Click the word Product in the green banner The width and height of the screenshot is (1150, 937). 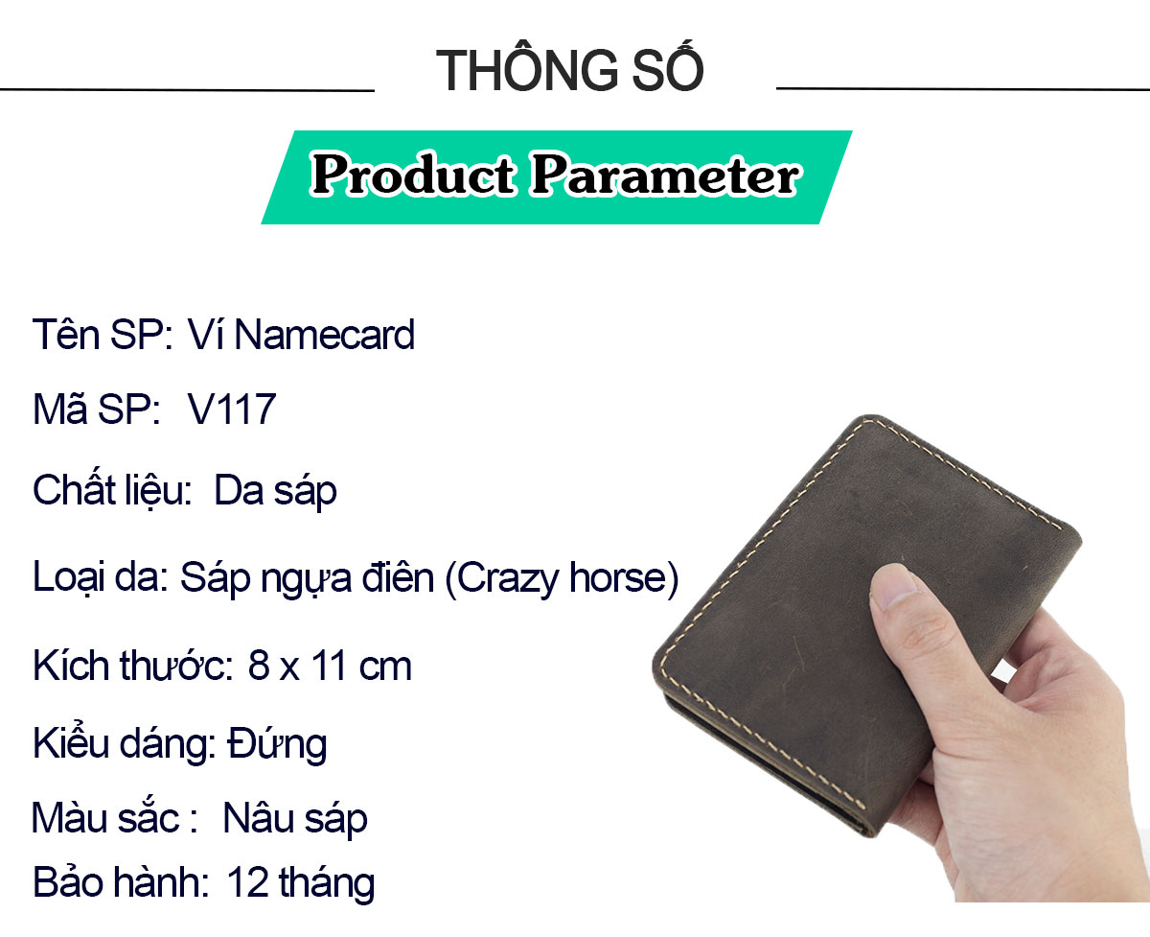click(412, 174)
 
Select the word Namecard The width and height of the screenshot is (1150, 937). click(325, 335)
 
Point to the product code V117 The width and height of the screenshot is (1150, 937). click(232, 410)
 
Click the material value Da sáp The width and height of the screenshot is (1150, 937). click(275, 492)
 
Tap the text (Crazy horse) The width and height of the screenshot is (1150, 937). click(562, 578)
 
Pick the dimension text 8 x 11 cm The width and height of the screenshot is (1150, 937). click(330, 666)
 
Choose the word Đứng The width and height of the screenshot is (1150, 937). click(278, 744)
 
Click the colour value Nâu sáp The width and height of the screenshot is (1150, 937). click(295, 819)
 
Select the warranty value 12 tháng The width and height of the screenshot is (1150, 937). click(300, 883)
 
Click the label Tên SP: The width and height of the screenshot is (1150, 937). click(103, 335)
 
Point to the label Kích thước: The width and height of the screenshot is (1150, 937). click(133, 666)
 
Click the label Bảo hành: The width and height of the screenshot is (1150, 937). click(121, 882)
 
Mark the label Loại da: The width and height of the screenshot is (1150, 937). click(101, 577)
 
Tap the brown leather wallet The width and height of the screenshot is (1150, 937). click(863, 621)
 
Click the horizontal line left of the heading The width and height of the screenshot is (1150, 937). click(187, 90)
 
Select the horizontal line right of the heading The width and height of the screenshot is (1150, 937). click(963, 88)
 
